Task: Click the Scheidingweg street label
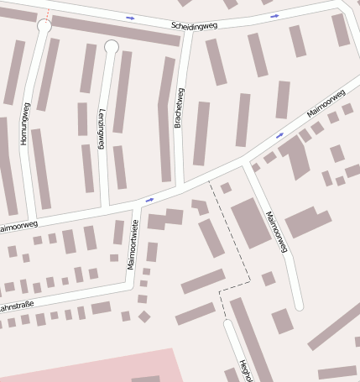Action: pos(193,25)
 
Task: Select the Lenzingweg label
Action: pos(102,128)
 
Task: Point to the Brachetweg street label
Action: pos(179,107)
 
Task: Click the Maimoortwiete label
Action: pos(132,244)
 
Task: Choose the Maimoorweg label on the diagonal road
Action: pos(326,103)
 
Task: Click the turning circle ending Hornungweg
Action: pos(44,28)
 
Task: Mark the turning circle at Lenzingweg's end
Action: pos(111,47)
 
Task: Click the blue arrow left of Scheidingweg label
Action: pos(130,17)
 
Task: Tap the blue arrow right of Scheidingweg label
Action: pos(274,16)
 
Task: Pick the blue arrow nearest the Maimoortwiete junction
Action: pos(149,200)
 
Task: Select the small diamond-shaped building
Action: pos(144,317)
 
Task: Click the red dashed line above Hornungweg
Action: pos(49,13)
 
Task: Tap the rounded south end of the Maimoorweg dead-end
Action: pos(299,305)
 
